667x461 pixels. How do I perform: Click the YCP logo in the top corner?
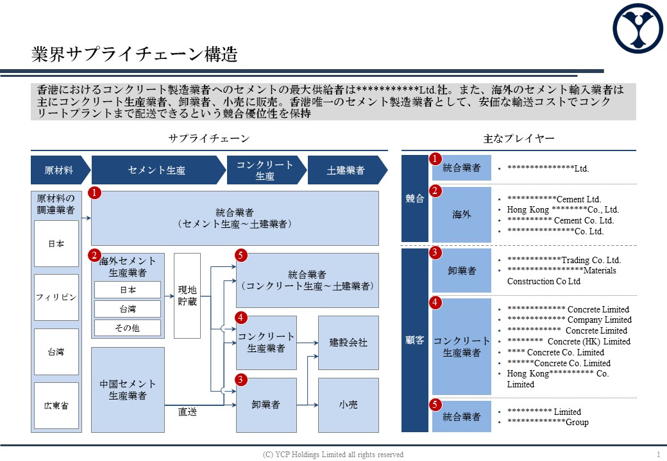pyautogui.click(x=637, y=28)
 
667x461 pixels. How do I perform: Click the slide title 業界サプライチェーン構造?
pyautogui.click(x=135, y=54)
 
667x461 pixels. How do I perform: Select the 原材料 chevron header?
pyautogui.click(x=60, y=170)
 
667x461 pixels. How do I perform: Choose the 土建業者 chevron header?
pyautogui.click(x=348, y=170)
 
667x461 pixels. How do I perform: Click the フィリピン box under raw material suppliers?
pyautogui.click(x=56, y=297)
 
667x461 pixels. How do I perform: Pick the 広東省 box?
pyautogui.click(x=56, y=405)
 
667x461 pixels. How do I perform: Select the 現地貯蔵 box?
pyautogui.click(x=187, y=296)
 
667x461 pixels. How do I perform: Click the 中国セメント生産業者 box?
pyautogui.click(x=128, y=390)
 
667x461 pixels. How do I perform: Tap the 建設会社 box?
pyautogui.click(x=348, y=343)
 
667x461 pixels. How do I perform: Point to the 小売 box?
pyautogui.click(x=348, y=405)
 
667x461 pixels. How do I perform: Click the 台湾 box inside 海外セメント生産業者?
pyautogui.click(x=128, y=309)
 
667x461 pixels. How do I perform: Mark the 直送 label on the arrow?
pyautogui.click(x=187, y=412)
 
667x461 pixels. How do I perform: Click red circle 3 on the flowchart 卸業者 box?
pyautogui.click(x=241, y=380)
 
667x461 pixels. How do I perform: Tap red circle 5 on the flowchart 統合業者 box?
pyautogui.click(x=241, y=255)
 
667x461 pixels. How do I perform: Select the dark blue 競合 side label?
pyautogui.click(x=415, y=198)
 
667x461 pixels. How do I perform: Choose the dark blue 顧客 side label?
pyautogui.click(x=415, y=340)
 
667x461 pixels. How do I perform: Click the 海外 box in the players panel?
pyautogui.click(x=462, y=214)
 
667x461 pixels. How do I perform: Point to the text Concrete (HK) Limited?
pyautogui.click(x=589, y=341)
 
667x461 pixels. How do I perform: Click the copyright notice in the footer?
pyautogui.click(x=333, y=455)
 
